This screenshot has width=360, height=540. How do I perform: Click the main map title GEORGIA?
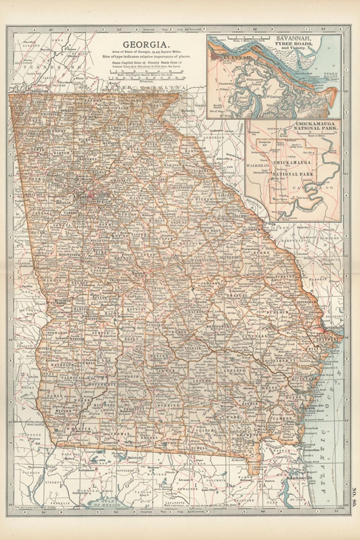coord(147,45)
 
